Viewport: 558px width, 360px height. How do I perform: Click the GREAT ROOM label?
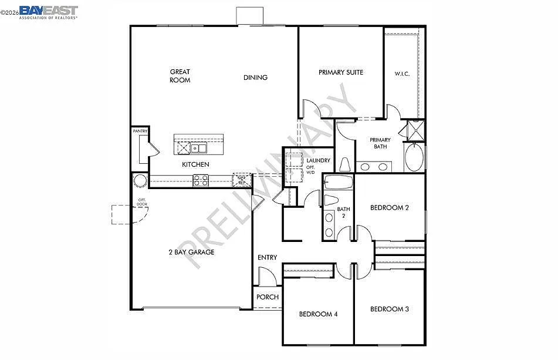point(180,76)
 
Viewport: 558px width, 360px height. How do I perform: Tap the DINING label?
point(255,78)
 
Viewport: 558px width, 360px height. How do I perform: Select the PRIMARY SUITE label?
point(341,72)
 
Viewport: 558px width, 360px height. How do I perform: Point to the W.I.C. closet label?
point(402,74)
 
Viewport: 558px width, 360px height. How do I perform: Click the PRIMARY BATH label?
point(380,143)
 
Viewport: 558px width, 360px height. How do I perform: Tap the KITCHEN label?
point(195,164)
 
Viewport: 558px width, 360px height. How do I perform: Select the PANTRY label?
point(140,131)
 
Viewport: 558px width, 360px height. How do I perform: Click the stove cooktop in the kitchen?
point(201,181)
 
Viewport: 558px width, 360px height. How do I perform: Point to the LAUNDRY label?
point(319,160)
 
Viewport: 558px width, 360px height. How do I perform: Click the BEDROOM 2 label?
point(390,207)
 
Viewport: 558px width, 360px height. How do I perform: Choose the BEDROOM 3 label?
point(390,309)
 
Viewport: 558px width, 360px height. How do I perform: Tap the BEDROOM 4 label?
point(318,314)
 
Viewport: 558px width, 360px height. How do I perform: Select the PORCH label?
point(268,297)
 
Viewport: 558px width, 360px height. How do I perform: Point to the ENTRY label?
point(268,258)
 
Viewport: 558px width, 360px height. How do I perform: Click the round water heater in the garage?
point(140,180)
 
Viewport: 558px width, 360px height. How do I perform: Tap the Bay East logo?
point(48,12)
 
